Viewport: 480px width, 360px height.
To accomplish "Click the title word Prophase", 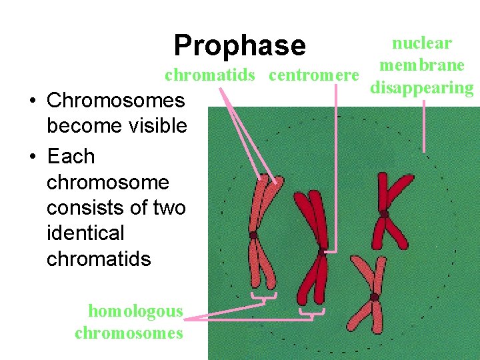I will click(x=239, y=46).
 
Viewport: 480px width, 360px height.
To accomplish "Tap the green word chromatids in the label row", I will click(x=210, y=75).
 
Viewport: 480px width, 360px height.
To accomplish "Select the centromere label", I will click(x=313, y=75).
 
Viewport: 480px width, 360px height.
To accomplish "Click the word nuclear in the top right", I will click(x=421, y=44).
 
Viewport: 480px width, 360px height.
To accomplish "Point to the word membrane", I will click(x=421, y=65).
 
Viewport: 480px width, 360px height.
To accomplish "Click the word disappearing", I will click(x=421, y=87).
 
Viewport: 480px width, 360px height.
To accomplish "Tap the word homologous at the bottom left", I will click(x=135, y=311).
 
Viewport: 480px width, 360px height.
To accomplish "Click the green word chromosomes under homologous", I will click(x=129, y=333).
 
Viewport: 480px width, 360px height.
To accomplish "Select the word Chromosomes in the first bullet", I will click(x=116, y=101).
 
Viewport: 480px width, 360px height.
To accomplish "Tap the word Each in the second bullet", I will click(x=71, y=157).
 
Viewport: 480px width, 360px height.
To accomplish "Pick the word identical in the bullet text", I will click(x=85, y=233).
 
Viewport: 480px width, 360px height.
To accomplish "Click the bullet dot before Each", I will click(x=32, y=157).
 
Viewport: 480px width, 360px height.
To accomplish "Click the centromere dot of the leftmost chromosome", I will click(x=253, y=235).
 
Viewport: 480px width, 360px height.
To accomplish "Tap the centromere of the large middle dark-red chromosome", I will click(x=321, y=253).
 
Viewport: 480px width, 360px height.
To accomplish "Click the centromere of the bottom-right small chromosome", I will click(x=374, y=297).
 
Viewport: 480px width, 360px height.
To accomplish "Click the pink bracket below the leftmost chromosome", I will click(x=264, y=298).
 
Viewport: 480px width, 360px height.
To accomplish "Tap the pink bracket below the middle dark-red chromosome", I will click(x=312, y=314).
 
